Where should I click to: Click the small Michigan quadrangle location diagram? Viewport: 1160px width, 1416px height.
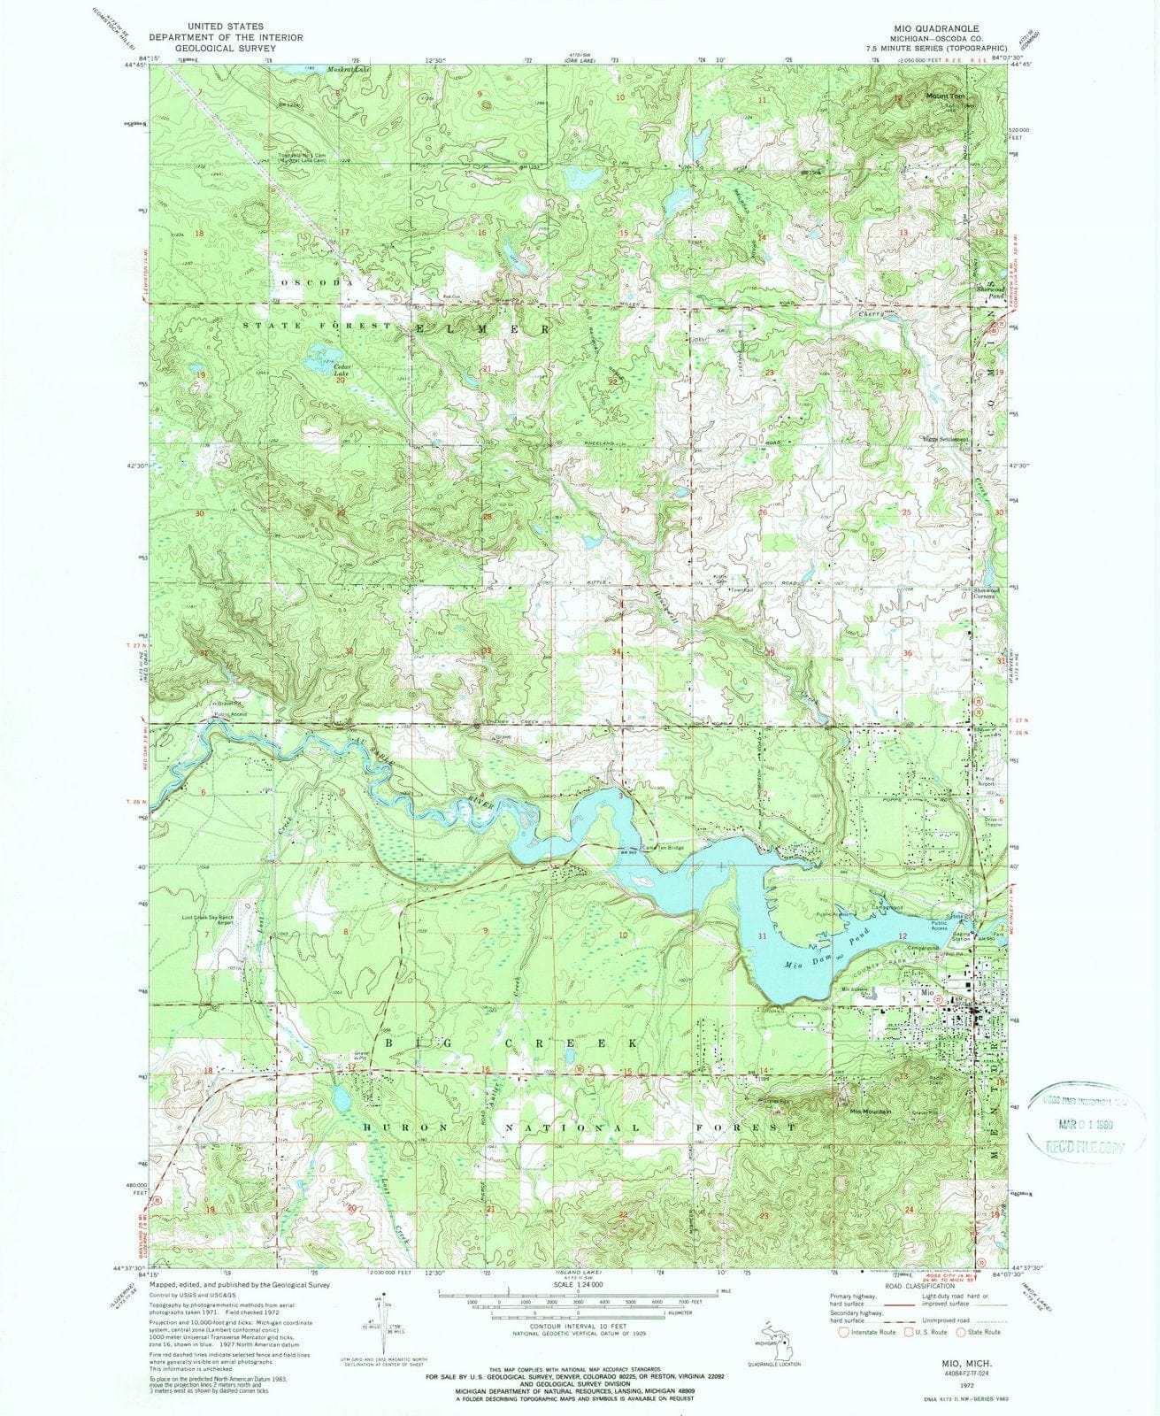[778, 1337]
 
